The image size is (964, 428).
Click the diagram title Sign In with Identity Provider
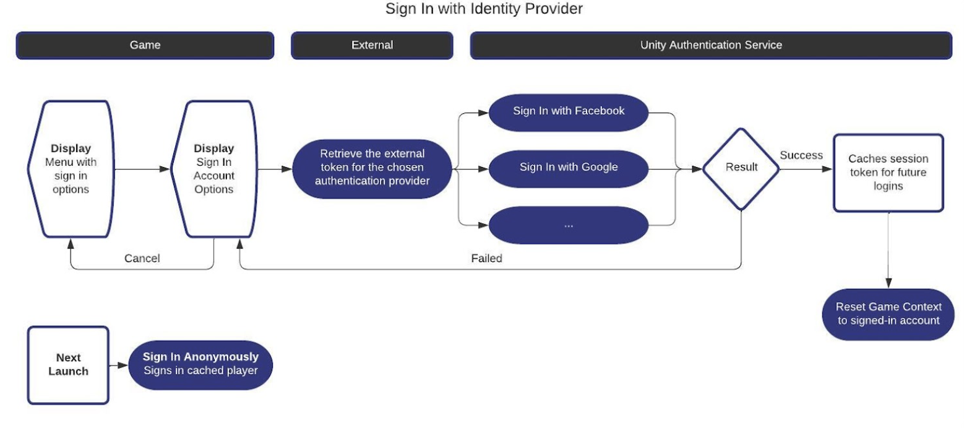484,9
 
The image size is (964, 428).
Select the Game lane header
145,45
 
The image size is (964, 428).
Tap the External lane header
372,45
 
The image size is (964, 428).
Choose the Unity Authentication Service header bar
711,45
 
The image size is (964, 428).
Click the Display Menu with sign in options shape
71,169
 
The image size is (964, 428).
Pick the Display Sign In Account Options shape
213,169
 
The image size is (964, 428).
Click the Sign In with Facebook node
569,111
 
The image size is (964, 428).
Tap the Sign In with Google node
569,167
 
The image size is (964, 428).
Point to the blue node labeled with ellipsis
569,225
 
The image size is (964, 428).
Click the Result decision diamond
741,168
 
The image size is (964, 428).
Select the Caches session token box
888,173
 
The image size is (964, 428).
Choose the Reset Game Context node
888,314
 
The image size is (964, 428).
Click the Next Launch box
68,365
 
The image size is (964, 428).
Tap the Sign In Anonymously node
200,364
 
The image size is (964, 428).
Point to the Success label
801,155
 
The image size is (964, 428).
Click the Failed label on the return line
486,259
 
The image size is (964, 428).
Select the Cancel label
142,259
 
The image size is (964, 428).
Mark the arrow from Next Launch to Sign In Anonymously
119,366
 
